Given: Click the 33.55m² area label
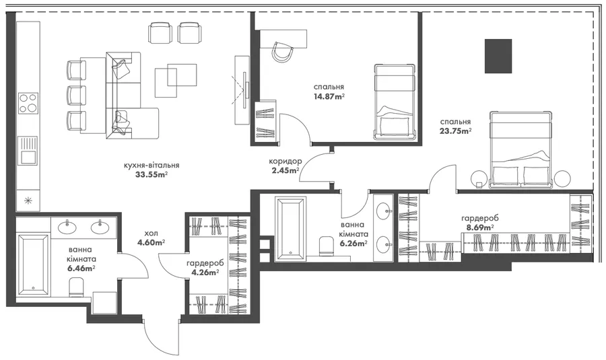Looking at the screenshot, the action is click(x=151, y=174).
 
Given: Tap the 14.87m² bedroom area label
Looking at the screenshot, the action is click(x=329, y=96).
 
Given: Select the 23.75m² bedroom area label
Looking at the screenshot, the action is click(x=456, y=131).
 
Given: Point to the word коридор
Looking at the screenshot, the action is click(x=285, y=161).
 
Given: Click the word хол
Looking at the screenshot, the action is click(x=151, y=233).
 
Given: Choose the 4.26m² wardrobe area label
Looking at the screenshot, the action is click(x=205, y=272).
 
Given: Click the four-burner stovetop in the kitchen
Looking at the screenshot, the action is click(x=28, y=103).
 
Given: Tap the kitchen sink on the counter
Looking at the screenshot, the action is click(x=28, y=151).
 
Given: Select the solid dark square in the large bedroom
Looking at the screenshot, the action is click(x=498, y=56).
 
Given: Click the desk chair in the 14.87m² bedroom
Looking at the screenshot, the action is click(x=282, y=51).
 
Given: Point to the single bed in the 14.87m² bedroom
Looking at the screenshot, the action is click(x=395, y=102).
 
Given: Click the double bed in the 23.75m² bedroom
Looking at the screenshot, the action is click(x=520, y=150).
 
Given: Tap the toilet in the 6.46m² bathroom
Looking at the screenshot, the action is click(x=76, y=287).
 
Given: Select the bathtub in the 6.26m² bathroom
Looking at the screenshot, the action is click(x=291, y=228).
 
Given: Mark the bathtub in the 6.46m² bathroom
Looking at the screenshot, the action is click(x=33, y=264).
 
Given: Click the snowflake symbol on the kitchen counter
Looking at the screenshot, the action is click(x=28, y=200).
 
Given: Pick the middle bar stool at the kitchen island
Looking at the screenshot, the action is click(x=76, y=95).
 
